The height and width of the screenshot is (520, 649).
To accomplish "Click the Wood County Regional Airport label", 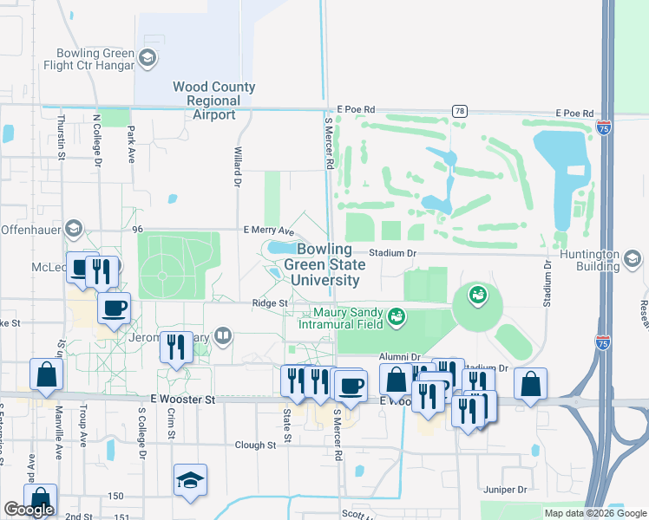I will pos(213,101).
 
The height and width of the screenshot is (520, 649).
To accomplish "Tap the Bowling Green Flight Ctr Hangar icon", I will pos(147,58).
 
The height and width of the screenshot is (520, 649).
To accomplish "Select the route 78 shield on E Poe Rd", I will pos(459,111).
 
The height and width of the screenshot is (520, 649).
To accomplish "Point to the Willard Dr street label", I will pos(236,166).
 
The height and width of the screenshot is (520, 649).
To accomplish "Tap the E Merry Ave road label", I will pos(269,231).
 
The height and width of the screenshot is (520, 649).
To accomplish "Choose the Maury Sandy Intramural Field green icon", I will pos(397,317).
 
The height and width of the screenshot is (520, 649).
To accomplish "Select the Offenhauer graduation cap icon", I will pos(75,230).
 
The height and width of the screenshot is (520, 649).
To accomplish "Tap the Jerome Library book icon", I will pos(224,335).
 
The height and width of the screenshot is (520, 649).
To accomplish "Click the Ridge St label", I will pos(269,303).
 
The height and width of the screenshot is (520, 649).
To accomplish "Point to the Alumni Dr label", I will pos(399,356).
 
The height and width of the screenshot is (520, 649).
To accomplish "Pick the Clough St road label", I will pos(254,445).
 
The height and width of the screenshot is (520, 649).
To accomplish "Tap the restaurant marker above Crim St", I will pos(176,347).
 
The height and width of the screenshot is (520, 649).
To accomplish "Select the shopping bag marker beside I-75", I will pos(530,382).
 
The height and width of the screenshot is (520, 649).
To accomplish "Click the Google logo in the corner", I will pos(29,509).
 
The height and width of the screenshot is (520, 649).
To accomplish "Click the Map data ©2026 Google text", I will pos(593,512).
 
